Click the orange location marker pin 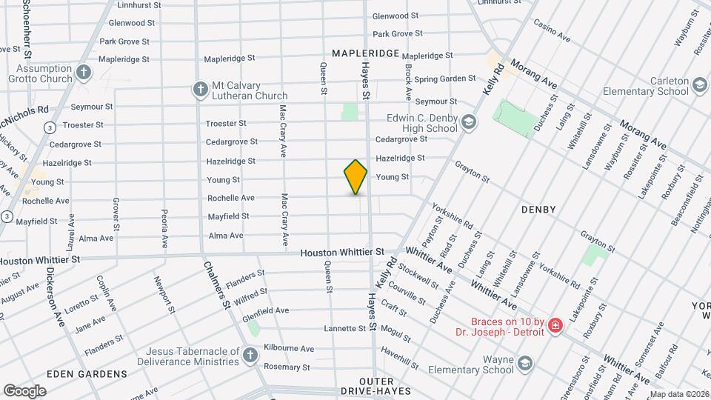pyautogui.click(x=355, y=177)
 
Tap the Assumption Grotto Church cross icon pyautogui.click(x=84, y=73)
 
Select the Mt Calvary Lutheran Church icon pyautogui.click(x=199, y=90)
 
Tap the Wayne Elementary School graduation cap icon pyautogui.click(x=525, y=363)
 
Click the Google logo pyautogui.click(x=24, y=390)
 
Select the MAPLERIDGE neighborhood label pyautogui.click(x=366, y=53)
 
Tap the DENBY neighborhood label pyautogui.click(x=538, y=210)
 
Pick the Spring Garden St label pyautogui.click(x=444, y=79)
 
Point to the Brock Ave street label pyautogui.click(x=408, y=81)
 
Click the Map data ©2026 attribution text pyautogui.click(x=679, y=394)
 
